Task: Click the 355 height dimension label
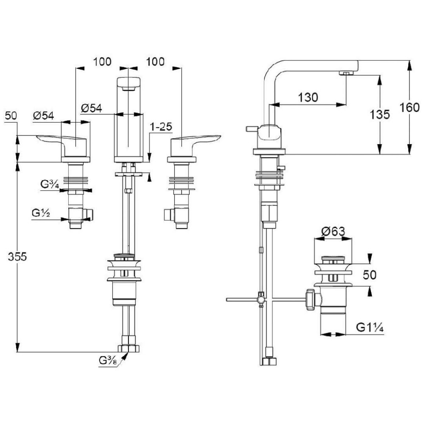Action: click(17, 257)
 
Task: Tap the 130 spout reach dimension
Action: click(308, 97)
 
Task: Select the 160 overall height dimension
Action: click(410, 107)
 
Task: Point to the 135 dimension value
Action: click(380, 114)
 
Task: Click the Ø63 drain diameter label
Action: click(333, 231)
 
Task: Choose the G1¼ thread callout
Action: click(369, 328)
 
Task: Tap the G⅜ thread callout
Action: click(107, 361)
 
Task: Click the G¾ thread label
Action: click(50, 184)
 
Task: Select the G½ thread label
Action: click(41, 213)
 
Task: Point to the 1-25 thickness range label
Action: click(161, 127)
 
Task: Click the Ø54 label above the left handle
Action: click(43, 116)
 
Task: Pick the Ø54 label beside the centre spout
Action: click(92, 108)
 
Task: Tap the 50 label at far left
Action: click(11, 116)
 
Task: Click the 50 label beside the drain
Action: click(369, 275)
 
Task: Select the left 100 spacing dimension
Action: click(102, 62)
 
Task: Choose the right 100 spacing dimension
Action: click(155, 62)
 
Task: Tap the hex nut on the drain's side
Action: click(311, 299)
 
